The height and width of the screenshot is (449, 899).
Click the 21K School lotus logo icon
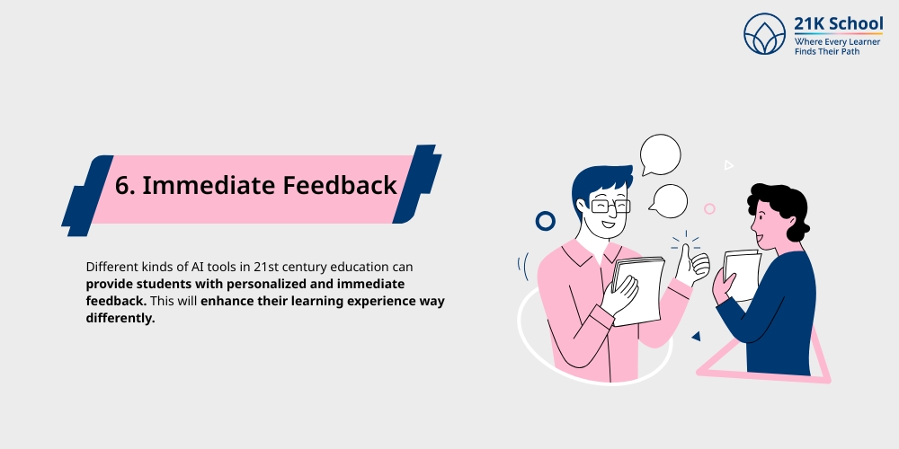click(765, 34)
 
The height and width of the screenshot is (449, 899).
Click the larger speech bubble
click(660, 154)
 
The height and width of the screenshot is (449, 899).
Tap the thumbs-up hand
click(692, 263)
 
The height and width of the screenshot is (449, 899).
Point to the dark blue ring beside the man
click(545, 221)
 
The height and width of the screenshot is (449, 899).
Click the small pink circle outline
click(709, 208)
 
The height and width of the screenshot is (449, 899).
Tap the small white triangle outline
click(729, 165)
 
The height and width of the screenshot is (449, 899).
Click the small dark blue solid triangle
click(695, 336)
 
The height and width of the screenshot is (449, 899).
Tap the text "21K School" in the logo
click(838, 23)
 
